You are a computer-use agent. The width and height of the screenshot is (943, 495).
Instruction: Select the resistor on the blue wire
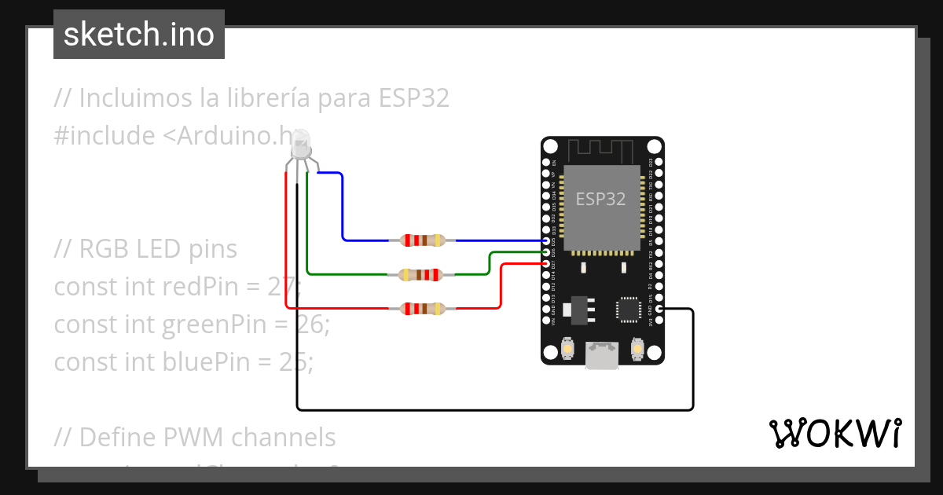[x=423, y=240]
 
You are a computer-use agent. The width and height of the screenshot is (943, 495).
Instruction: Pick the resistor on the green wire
[x=423, y=274]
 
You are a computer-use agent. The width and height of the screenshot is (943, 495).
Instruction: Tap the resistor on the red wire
[x=423, y=309]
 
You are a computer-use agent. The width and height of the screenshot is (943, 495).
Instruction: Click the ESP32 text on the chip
[x=601, y=199]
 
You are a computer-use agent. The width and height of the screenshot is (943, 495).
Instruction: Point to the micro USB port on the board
[x=602, y=354]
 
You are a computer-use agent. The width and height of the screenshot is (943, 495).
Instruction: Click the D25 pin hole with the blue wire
[x=546, y=241]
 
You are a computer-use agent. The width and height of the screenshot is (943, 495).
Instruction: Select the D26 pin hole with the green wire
[x=546, y=252]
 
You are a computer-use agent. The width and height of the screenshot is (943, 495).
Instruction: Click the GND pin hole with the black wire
[x=659, y=310]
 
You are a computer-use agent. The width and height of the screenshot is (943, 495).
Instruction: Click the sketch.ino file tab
[x=139, y=35]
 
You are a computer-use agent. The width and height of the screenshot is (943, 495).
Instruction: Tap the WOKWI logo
[x=835, y=433]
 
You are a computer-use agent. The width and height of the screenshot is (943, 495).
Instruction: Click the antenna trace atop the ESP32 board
[x=601, y=148]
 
